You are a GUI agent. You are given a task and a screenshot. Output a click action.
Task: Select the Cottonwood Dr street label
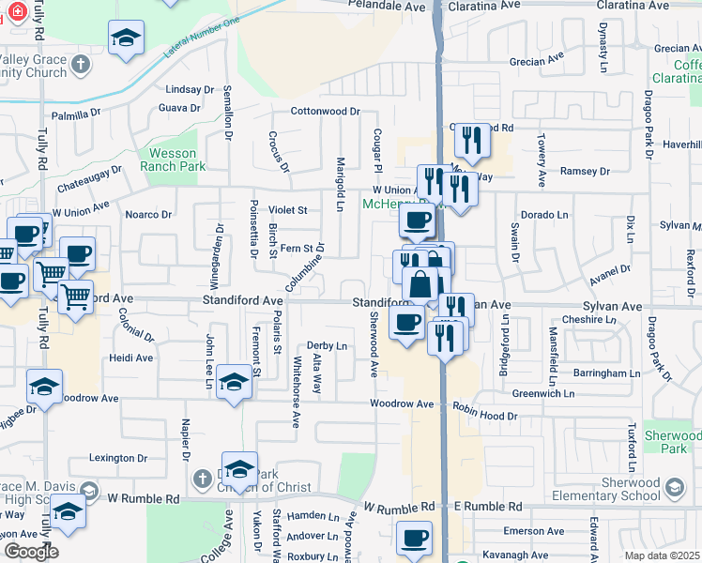pos(325,112)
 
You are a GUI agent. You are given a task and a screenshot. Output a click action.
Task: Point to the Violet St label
pos(288,210)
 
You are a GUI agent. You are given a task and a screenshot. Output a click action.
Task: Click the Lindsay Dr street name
pos(189,90)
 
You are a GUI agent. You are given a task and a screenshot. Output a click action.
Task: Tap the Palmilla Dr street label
pos(76,114)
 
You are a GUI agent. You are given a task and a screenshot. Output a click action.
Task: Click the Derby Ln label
pos(328,346)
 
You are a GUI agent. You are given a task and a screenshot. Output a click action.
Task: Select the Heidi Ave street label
pos(130,358)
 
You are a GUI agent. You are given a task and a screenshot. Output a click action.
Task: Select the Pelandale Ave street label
pos(387,6)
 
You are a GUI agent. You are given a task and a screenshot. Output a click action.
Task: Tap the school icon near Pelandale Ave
pos(126,39)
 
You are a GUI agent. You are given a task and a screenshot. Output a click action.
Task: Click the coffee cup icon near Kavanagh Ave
pos(413,539)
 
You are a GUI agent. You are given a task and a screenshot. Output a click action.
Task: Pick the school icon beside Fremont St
pos(234,382)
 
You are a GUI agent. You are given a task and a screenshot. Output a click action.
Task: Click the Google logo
pos(30,551)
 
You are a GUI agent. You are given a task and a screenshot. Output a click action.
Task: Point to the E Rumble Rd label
pos(487,507)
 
